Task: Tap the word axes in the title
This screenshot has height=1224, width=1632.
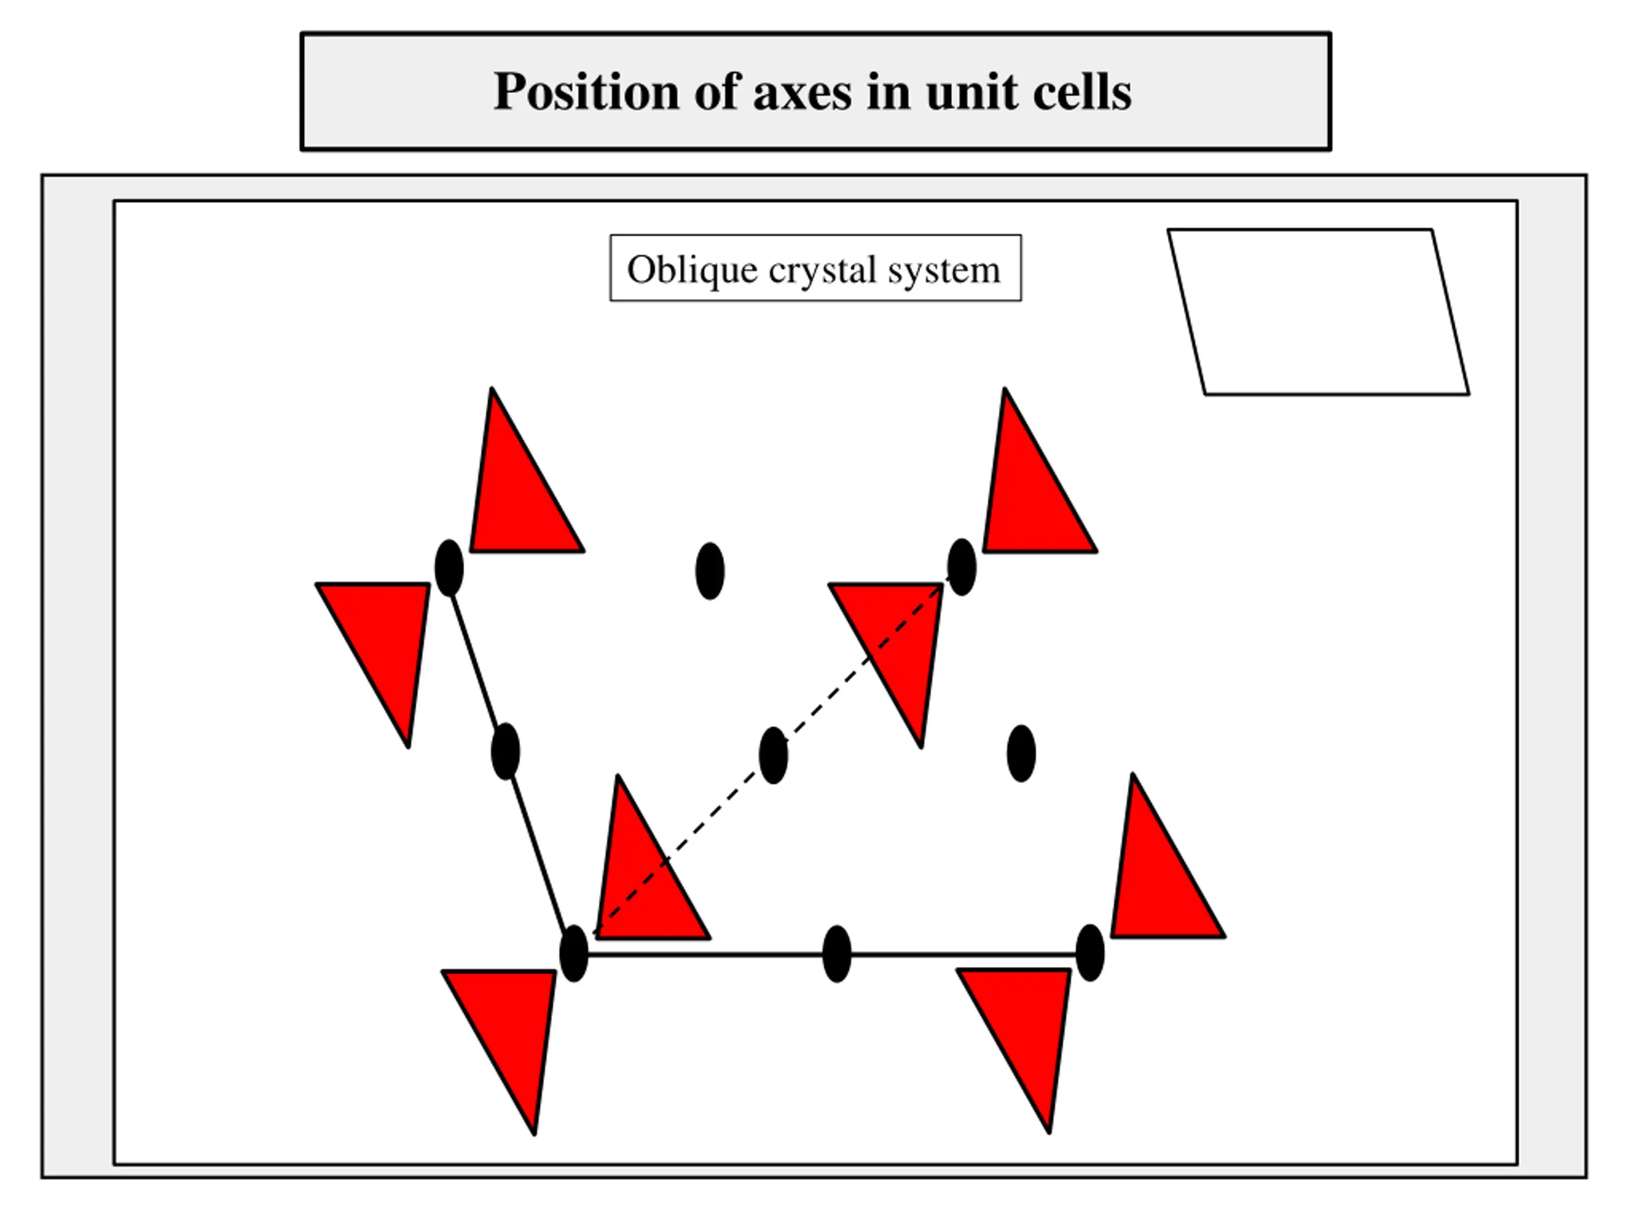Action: (x=802, y=93)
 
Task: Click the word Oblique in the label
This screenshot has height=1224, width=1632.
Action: (x=691, y=270)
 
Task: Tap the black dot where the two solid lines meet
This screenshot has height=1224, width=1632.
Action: (x=574, y=954)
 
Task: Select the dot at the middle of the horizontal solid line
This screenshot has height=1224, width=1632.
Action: (x=836, y=954)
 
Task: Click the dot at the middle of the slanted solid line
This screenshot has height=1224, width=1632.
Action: (x=506, y=751)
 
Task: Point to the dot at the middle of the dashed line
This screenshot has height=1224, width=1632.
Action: (x=773, y=755)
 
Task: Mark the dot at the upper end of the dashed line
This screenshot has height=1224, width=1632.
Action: (x=961, y=567)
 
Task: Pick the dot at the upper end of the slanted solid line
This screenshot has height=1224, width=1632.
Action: (x=449, y=567)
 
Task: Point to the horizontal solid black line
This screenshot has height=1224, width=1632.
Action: (x=708, y=955)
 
